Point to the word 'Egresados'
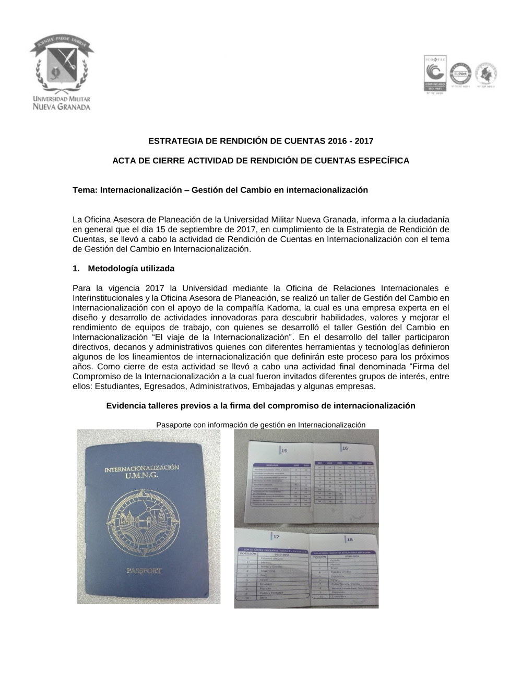[167, 387]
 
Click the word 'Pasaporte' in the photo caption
[173, 425]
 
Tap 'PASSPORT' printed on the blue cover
[145, 571]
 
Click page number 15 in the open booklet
[285, 450]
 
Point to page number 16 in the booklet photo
[345, 448]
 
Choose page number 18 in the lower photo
[350, 539]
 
